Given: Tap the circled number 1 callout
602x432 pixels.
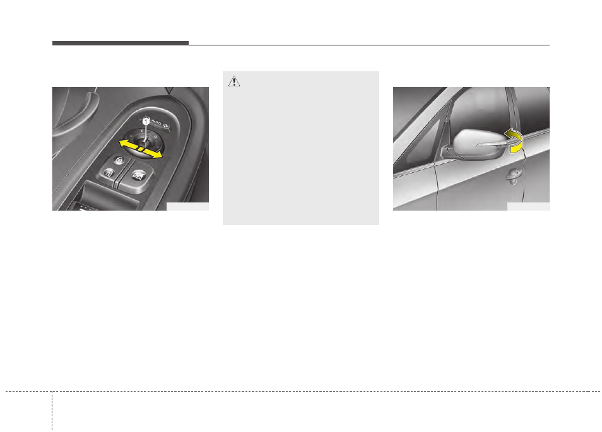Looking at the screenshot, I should [x=145, y=120].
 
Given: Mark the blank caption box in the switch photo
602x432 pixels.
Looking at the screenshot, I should [x=187, y=206].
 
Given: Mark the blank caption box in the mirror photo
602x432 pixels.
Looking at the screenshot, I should [x=528, y=206].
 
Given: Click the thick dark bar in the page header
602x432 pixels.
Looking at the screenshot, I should [x=120, y=43].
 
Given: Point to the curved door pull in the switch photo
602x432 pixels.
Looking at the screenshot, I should [x=88, y=110].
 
